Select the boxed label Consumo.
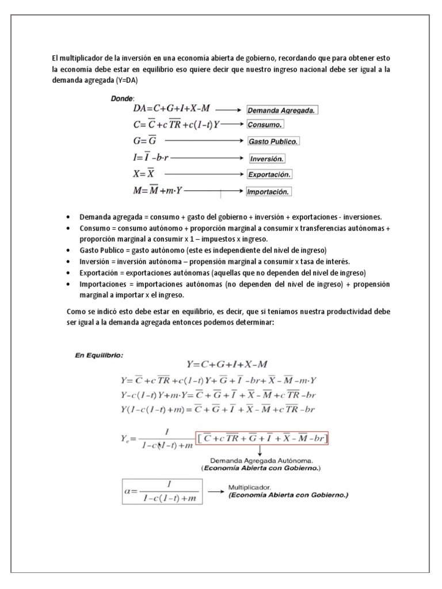[265, 124]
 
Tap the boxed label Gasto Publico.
[273, 141]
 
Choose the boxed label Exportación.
[269, 174]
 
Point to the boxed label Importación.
[269, 192]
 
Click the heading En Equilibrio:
[99, 355]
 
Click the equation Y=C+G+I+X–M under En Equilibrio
[226, 364]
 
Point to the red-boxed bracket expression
[262, 439]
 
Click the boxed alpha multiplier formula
[162, 491]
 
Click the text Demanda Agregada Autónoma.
[261, 461]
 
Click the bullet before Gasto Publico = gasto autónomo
[69, 250]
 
